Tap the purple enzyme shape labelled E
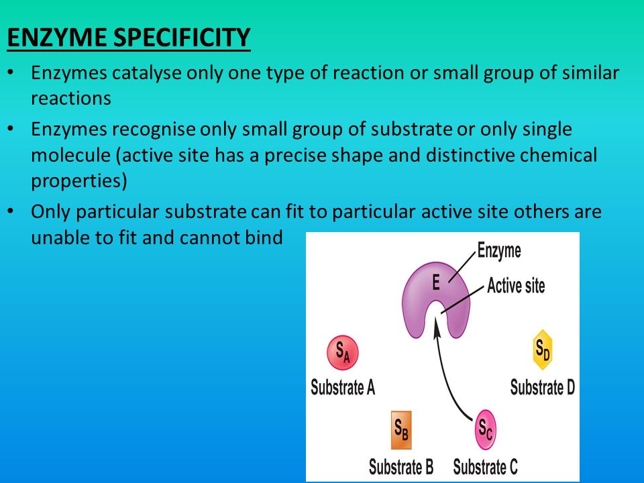click(x=436, y=285)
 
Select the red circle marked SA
click(x=342, y=352)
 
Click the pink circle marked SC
click(x=485, y=429)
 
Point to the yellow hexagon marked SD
click(x=542, y=350)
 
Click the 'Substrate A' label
click(x=342, y=387)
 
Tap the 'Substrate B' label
click(x=401, y=466)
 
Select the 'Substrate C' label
click(x=485, y=466)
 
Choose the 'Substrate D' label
click(x=542, y=387)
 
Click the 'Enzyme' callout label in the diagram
click(x=499, y=252)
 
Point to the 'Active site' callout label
click(x=516, y=286)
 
